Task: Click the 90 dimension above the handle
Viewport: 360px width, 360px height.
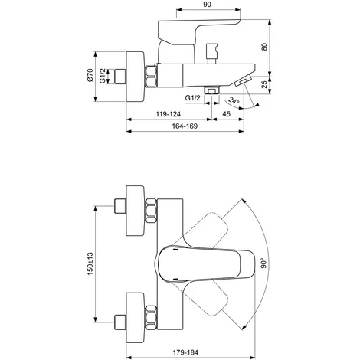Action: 208,5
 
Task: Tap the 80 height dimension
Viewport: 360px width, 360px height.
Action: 265,47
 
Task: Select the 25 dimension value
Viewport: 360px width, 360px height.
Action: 265,84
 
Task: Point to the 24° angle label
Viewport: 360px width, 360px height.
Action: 234,100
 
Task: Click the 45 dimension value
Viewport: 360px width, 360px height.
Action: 227,113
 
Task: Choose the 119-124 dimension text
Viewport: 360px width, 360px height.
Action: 169,114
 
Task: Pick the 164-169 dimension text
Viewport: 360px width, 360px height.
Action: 185,126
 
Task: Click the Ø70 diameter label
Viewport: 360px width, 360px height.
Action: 90,75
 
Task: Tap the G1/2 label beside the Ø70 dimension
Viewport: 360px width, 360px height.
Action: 103,76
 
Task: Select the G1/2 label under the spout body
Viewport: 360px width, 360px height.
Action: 193,98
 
